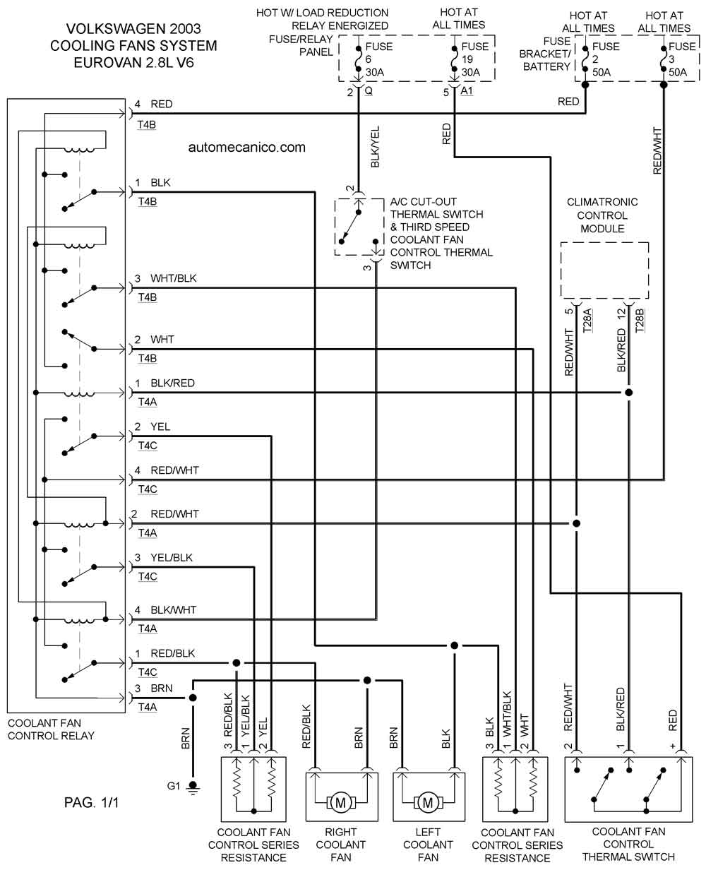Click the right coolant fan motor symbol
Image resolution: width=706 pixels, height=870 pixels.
pyautogui.click(x=341, y=802)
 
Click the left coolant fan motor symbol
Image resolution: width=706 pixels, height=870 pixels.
pyautogui.click(x=427, y=802)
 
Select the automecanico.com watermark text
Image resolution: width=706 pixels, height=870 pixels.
pyautogui.click(x=247, y=148)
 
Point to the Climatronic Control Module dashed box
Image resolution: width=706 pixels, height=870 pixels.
pyautogui.click(x=604, y=270)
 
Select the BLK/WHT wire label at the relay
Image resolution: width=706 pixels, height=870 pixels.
pyautogui.click(x=173, y=610)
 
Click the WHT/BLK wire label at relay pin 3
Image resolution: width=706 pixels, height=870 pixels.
pyautogui.click(x=173, y=279)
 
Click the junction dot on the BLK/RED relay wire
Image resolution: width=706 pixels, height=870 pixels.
pyautogui.click(x=628, y=393)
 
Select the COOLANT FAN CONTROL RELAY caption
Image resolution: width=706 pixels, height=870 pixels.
pyautogui.click(x=51, y=730)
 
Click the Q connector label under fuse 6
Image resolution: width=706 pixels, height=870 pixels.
pyautogui.click(x=368, y=91)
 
